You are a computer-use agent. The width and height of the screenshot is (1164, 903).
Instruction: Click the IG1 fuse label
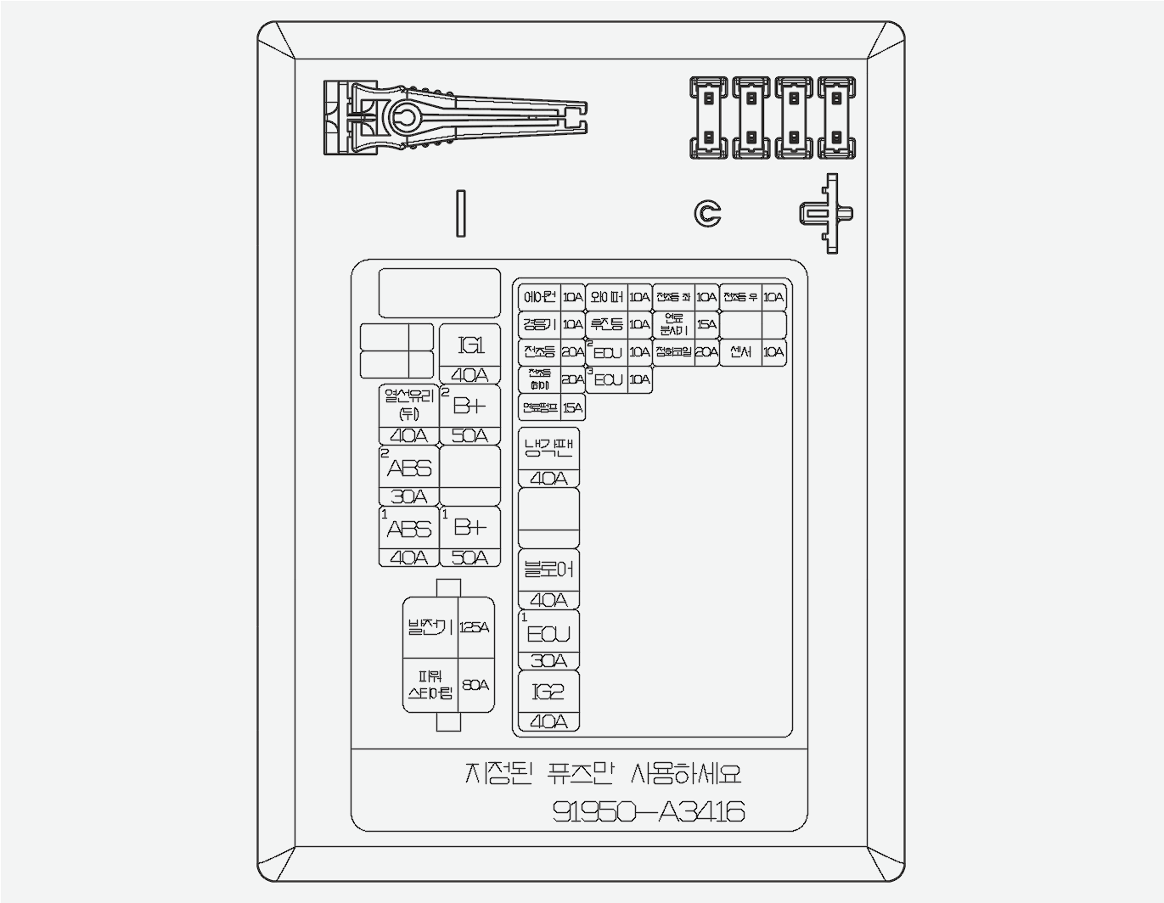[470, 345]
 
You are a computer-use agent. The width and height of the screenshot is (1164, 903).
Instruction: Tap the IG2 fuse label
[548, 692]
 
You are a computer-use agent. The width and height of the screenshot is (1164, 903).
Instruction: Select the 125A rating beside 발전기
[475, 628]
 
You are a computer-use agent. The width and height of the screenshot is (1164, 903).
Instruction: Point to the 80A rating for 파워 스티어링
[475, 685]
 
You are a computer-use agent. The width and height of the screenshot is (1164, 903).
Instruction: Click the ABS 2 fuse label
[409, 468]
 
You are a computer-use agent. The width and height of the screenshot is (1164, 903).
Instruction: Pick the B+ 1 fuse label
[470, 528]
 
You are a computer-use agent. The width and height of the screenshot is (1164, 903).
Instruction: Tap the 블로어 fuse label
[548, 569]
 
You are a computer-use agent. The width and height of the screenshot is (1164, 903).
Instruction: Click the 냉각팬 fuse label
[548, 448]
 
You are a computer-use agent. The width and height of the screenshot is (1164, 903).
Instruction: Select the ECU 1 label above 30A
[548, 634]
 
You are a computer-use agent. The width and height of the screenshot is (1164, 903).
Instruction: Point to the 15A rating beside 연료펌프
[573, 408]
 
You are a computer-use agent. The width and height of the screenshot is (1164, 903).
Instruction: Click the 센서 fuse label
[740, 352]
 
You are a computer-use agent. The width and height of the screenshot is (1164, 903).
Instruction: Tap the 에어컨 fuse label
[539, 297]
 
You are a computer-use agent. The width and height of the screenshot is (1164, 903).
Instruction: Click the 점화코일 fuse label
[673, 352]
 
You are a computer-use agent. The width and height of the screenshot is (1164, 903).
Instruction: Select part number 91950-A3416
[649, 812]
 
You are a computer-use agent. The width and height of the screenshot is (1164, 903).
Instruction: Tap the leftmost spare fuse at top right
[708, 118]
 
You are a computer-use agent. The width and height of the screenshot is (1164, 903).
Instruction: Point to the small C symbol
[707, 214]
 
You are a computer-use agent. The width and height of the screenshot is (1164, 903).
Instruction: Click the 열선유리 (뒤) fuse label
[408, 405]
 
